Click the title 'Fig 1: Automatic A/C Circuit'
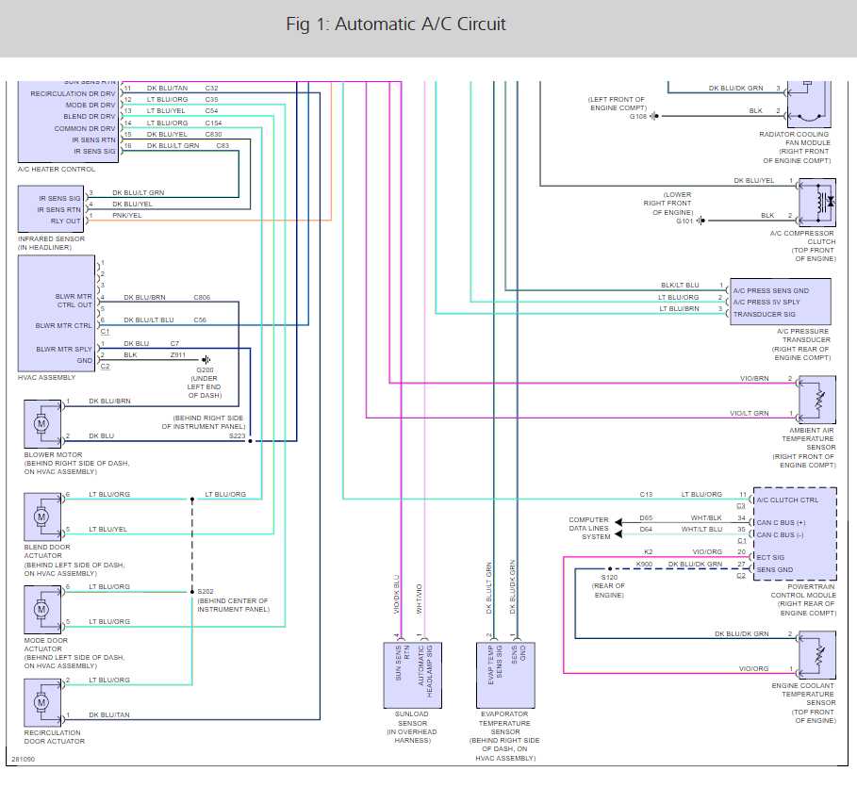point(396,25)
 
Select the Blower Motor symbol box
point(41,425)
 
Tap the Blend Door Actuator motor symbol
point(41,516)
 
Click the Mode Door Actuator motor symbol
point(41,609)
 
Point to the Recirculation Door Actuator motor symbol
point(41,702)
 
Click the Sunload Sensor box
point(412,674)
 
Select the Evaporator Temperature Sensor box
point(503,674)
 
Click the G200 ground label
point(205,369)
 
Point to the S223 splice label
point(237,436)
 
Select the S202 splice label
point(206,591)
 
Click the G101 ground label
point(684,221)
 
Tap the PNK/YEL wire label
point(127,216)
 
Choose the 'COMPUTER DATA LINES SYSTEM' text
point(589,528)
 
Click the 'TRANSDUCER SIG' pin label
point(765,314)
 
